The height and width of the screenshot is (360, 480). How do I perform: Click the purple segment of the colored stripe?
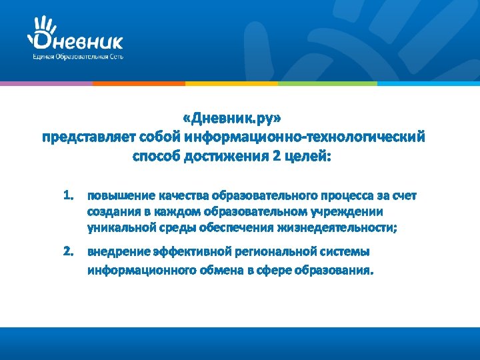tap(45, 83)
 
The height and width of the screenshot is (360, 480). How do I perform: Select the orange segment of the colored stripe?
tap(138, 83)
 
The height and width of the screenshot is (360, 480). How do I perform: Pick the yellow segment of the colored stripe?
tap(231, 83)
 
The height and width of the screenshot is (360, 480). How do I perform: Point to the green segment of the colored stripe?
tap(327, 83)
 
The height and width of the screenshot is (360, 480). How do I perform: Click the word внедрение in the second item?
tap(117, 252)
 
